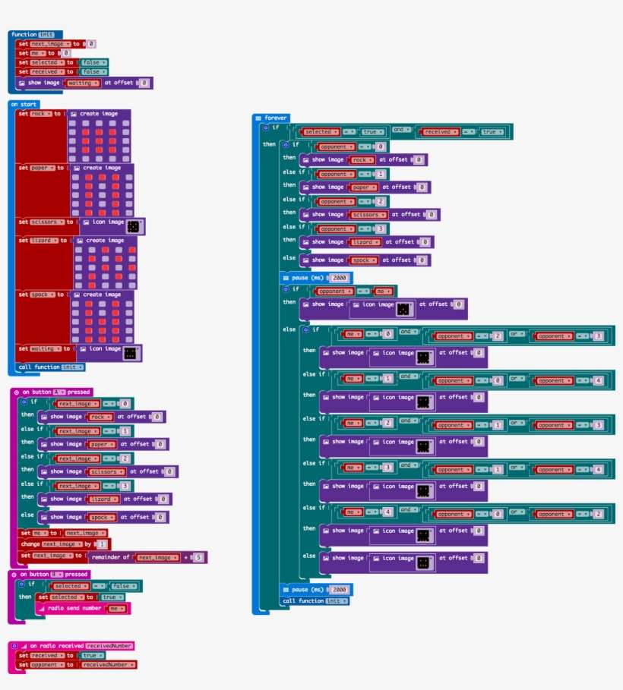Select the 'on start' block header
pyautogui.click(x=24, y=104)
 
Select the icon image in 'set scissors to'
pyautogui.click(x=133, y=226)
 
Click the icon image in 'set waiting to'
pyautogui.click(x=130, y=353)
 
